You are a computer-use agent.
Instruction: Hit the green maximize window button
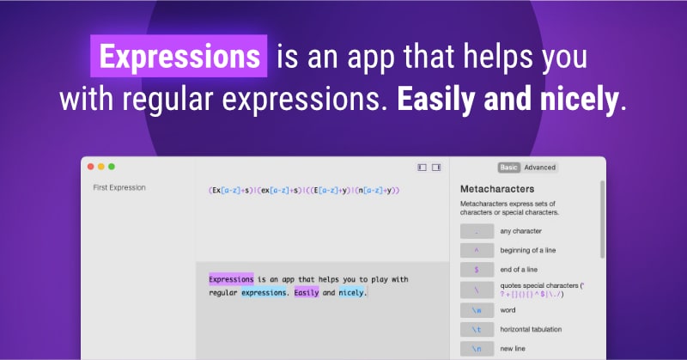point(111,167)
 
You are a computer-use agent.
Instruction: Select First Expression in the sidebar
point(119,187)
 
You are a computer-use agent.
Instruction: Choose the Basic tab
point(508,168)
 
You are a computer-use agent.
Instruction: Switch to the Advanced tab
point(540,168)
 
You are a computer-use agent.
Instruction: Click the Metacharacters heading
point(497,188)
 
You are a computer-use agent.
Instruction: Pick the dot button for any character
point(477,231)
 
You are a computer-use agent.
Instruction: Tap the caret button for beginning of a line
point(477,250)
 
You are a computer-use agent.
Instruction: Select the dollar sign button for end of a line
point(477,270)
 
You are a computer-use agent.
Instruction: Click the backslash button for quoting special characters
point(477,290)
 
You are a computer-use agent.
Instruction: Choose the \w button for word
point(477,309)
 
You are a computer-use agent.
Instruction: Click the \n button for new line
point(477,349)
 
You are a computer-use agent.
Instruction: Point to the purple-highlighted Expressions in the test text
point(231,279)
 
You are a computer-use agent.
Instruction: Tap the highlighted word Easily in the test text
point(307,293)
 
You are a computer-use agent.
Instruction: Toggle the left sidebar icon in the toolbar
point(422,168)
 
